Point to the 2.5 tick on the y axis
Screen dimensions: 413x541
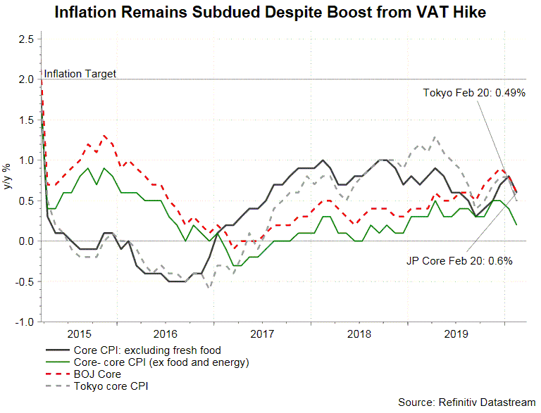(x=26, y=39)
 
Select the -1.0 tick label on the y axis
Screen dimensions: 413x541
(x=25, y=322)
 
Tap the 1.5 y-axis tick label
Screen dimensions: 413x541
(x=26, y=120)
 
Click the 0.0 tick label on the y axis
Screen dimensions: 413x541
(x=26, y=241)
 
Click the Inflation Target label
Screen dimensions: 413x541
(x=80, y=73)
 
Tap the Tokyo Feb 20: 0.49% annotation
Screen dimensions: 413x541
(x=474, y=93)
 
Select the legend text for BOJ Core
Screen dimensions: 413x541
(x=97, y=374)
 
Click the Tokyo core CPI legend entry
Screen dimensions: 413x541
(x=111, y=386)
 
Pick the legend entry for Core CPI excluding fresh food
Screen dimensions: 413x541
(x=147, y=350)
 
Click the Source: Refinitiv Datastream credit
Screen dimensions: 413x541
(x=466, y=402)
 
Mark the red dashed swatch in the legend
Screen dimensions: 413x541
(x=56, y=374)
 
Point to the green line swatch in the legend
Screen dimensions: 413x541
(x=56, y=362)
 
